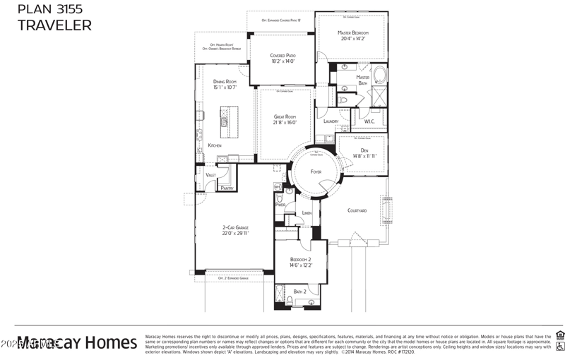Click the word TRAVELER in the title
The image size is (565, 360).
[x=54, y=26]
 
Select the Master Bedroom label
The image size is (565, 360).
[x=352, y=32]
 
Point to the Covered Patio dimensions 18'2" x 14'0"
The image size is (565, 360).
[x=282, y=61]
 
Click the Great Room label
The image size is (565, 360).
[x=285, y=116]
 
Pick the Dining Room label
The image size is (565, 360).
[x=225, y=82]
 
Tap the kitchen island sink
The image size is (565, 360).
[x=225, y=122]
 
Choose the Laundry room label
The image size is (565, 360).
[x=331, y=121]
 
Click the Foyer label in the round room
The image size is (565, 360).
[x=316, y=172]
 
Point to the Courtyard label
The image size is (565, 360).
[x=357, y=210]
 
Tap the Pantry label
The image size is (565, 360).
[x=227, y=188]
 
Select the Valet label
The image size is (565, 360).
[x=210, y=174]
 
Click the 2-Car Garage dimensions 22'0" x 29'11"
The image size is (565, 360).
[x=235, y=233]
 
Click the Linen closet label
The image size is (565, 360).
[x=307, y=212]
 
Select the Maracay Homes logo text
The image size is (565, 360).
[x=78, y=343]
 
